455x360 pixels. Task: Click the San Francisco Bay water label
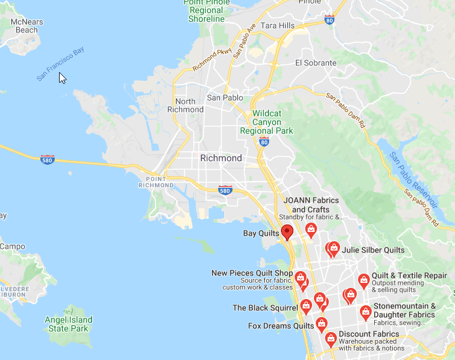[x=60, y=65]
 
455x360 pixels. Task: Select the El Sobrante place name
[x=316, y=63]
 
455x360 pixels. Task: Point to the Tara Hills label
[x=278, y=25]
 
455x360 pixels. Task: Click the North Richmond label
[x=185, y=105]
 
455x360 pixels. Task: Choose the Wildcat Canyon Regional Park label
[x=272, y=122]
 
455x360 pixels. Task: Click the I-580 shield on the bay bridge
[x=47, y=159]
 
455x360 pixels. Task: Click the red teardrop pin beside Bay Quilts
[x=287, y=233]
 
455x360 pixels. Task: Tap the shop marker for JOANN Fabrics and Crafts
[x=311, y=230]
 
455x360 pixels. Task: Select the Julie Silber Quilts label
[x=373, y=251]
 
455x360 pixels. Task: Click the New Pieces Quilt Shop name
[x=252, y=273]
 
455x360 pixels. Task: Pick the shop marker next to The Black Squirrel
[x=306, y=306]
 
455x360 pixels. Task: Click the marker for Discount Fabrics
[x=331, y=339]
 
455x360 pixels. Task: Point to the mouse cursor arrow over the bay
[x=62, y=77]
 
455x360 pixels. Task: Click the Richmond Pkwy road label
[x=213, y=59]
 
